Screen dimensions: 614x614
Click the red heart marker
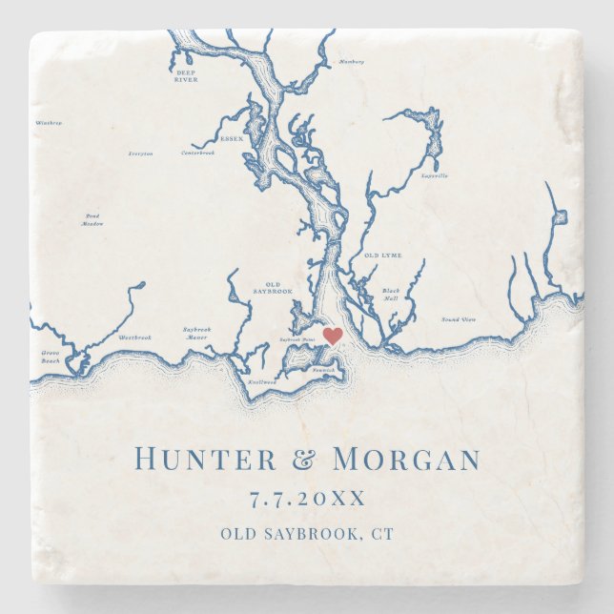(x=333, y=336)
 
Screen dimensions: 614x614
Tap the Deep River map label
(x=185, y=77)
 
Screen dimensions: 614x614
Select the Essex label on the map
(x=232, y=139)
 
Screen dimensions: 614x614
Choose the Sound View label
(x=459, y=319)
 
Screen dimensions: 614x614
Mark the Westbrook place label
(x=134, y=337)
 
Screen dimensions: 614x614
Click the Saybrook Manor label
(x=197, y=333)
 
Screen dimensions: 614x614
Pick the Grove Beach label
(x=51, y=357)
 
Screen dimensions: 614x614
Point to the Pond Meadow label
(x=92, y=219)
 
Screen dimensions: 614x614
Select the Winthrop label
(x=49, y=123)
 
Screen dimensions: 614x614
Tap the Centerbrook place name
(x=198, y=153)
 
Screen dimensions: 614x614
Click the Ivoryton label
(x=140, y=153)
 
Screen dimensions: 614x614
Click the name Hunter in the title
(x=203, y=460)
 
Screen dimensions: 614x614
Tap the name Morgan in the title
(x=406, y=460)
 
